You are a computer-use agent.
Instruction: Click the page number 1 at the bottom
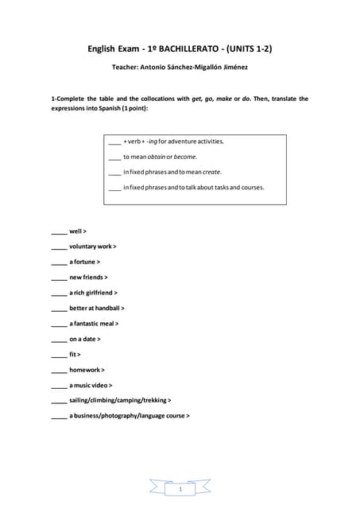click(180, 491)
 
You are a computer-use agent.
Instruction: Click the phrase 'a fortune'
click(83, 262)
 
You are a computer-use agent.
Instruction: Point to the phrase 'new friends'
click(87, 278)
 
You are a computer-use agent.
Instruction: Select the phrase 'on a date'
click(83, 339)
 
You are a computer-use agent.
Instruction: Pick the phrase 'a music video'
click(89, 385)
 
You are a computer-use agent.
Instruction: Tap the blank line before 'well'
click(59, 232)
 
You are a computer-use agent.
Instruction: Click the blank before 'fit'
click(59, 355)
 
